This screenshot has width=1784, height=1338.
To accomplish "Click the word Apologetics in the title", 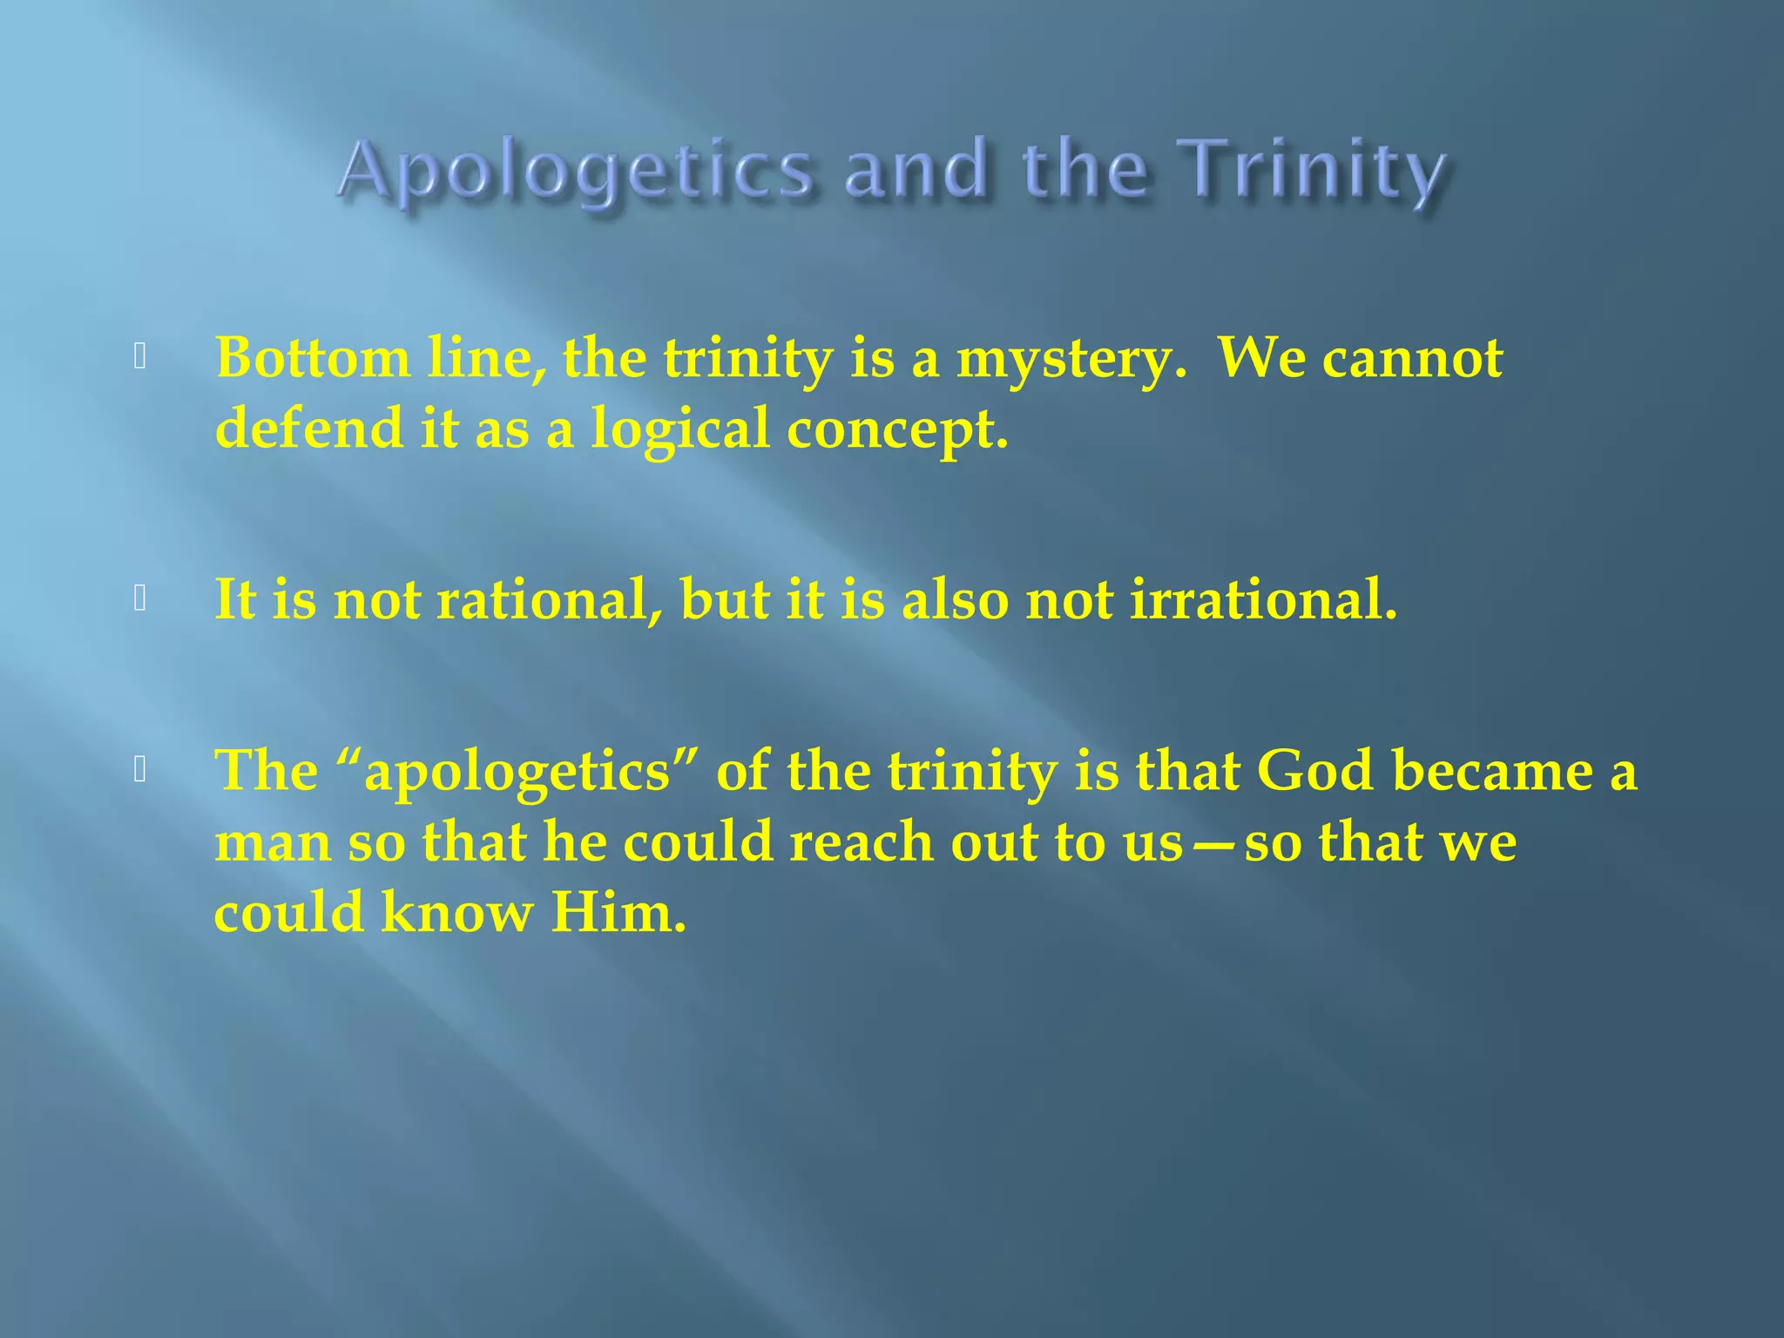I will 575,170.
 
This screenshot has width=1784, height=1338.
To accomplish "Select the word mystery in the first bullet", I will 1071,359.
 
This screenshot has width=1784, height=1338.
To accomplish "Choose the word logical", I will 679,429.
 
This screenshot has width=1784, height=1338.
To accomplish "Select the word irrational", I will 1263,600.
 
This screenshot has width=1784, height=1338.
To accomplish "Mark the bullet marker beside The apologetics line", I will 139,768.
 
